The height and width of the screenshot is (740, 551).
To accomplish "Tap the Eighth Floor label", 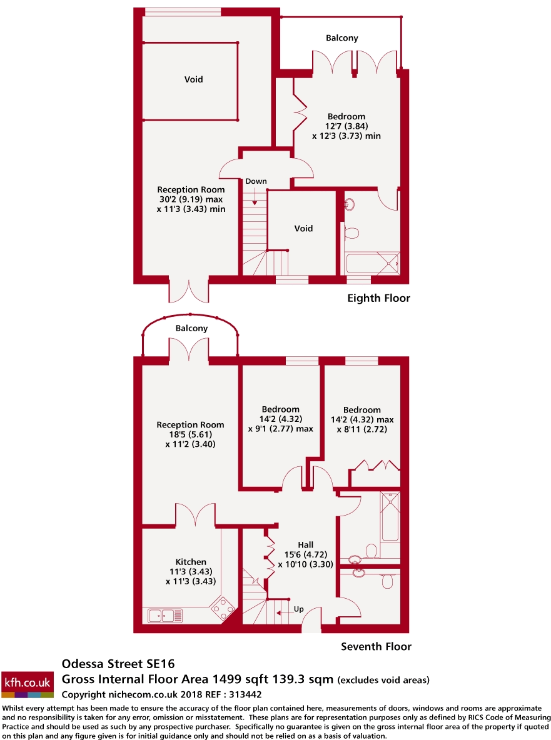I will pyautogui.click(x=378, y=298).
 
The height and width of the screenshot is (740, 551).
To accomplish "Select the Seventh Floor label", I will pyautogui.click(x=376, y=646).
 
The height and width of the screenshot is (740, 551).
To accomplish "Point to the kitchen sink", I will pyautogui.click(x=165, y=616).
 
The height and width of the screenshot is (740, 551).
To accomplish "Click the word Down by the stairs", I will pyautogui.click(x=256, y=181).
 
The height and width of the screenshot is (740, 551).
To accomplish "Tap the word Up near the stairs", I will pyautogui.click(x=298, y=609).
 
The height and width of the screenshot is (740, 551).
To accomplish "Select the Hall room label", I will pyautogui.click(x=306, y=545).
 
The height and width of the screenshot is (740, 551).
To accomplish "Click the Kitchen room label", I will pyautogui.click(x=191, y=562).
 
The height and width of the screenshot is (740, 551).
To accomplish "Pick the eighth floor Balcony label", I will pyautogui.click(x=342, y=38).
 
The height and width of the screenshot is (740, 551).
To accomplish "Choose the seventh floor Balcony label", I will pyautogui.click(x=191, y=328).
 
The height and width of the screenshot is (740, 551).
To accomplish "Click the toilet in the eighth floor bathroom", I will pyautogui.click(x=351, y=233).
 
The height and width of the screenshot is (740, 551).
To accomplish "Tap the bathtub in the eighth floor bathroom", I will pyautogui.click(x=372, y=264).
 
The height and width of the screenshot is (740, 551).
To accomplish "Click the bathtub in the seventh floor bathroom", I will pyautogui.click(x=390, y=517).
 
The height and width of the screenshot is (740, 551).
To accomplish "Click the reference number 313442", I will pyautogui.click(x=246, y=694).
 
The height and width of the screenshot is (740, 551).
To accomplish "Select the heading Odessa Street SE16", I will pyautogui.click(x=118, y=664).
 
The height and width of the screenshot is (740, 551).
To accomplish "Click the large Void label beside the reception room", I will pyautogui.click(x=193, y=79).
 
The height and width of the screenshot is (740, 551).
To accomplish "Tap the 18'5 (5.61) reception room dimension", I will pyautogui.click(x=190, y=435).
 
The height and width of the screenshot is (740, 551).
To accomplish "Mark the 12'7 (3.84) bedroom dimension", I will pyautogui.click(x=346, y=126).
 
